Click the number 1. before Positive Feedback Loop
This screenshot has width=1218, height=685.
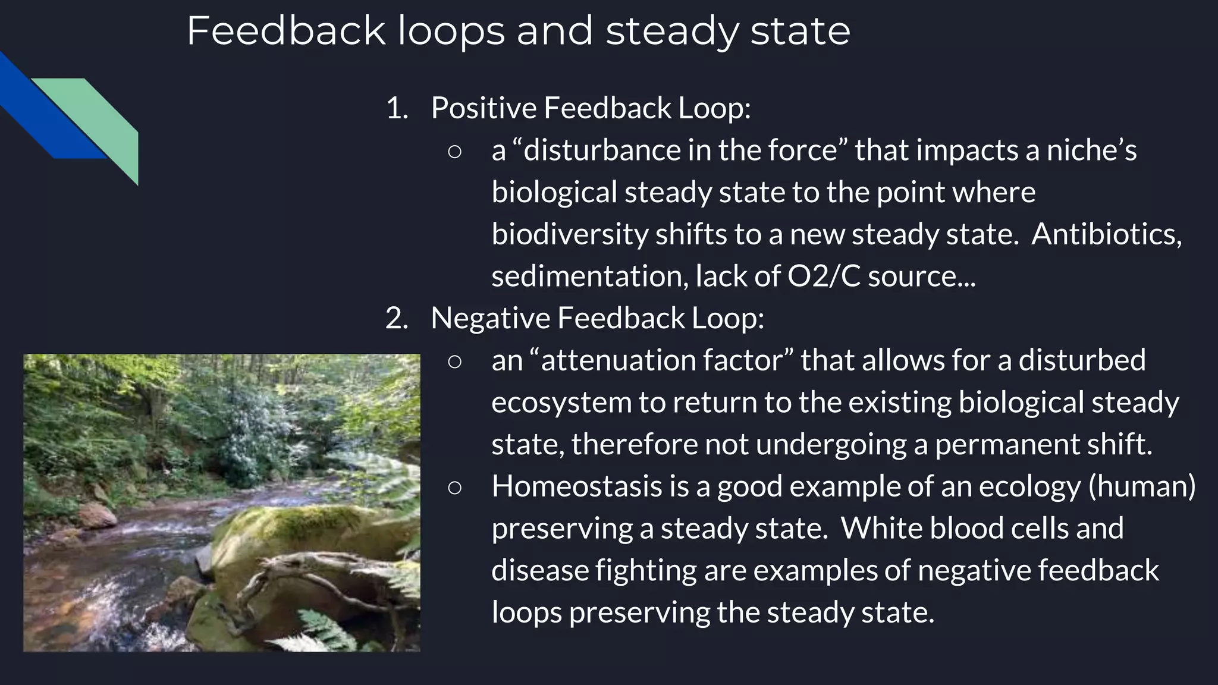pos(397,108)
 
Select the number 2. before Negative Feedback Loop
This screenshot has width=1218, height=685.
pos(397,318)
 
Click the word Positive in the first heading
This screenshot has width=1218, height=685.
pos(484,108)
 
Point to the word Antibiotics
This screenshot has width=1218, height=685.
pos(1106,234)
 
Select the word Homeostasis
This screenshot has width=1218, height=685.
pos(576,486)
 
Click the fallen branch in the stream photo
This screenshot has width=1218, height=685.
pos(297,571)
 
